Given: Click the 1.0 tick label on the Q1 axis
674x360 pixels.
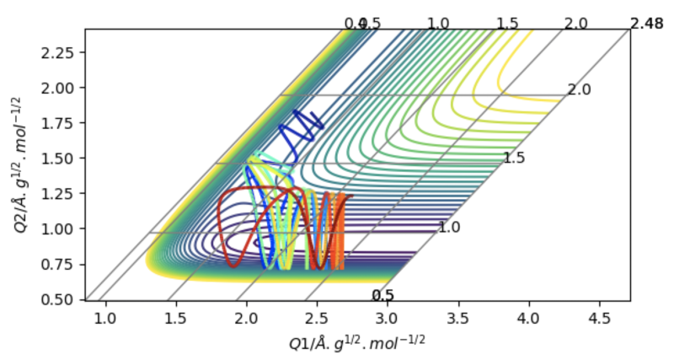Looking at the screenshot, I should coord(105,320).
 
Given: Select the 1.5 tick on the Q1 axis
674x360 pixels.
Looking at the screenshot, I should coord(175,301).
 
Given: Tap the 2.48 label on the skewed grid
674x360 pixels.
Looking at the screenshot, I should coord(646,24).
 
